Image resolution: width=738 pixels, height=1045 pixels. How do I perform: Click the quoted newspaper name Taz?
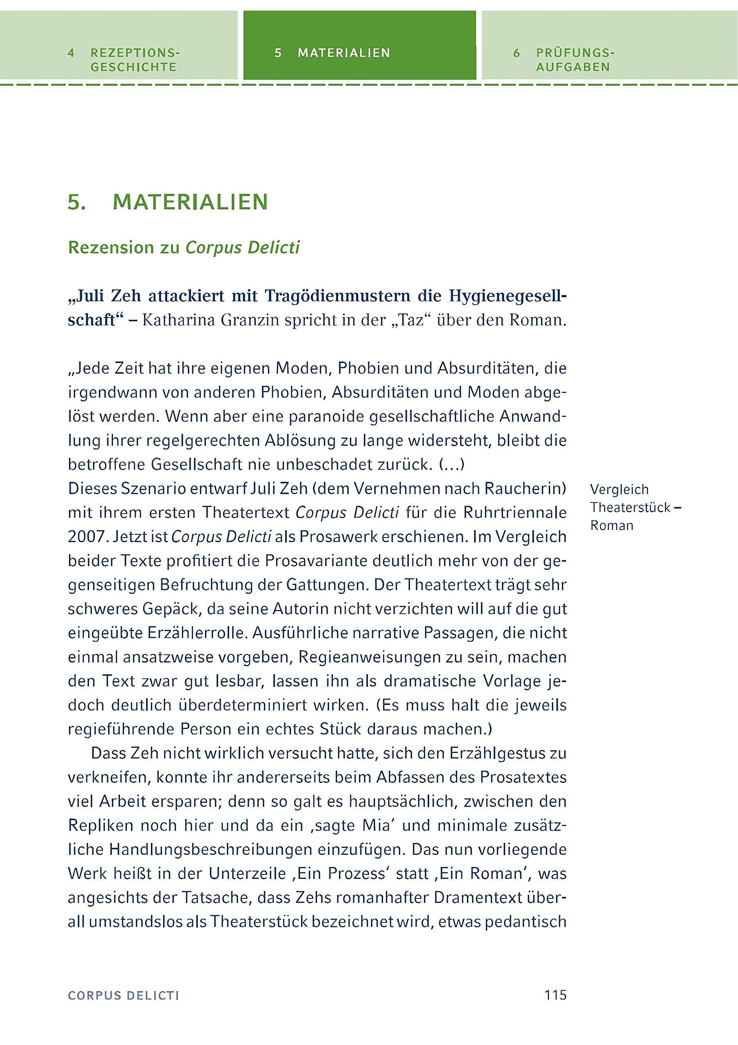tap(411, 320)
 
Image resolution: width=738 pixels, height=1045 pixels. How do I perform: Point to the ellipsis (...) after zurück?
tap(451, 465)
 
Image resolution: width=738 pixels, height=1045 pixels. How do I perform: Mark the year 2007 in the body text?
tap(86, 537)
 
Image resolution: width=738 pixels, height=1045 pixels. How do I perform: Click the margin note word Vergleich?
tap(619, 489)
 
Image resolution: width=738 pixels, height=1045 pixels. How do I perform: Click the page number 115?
tap(556, 995)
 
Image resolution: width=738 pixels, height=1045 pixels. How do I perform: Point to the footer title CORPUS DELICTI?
tap(123, 996)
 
